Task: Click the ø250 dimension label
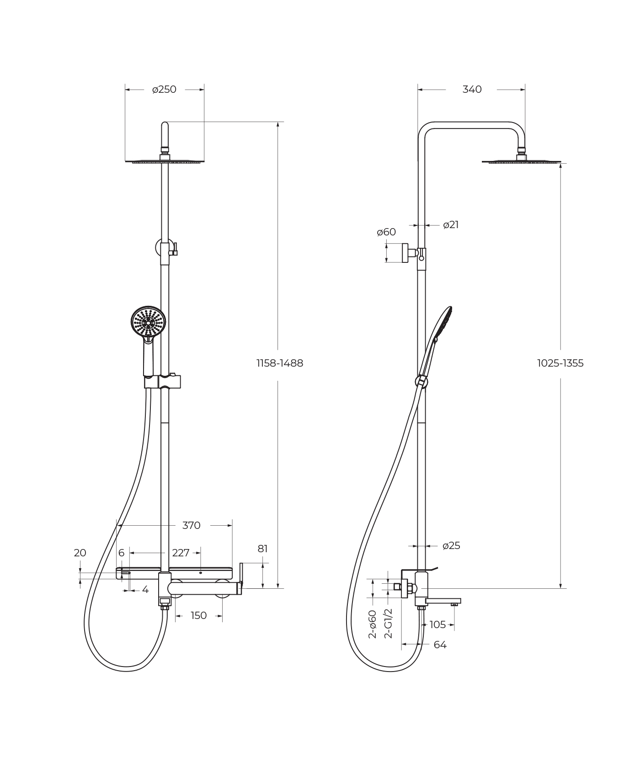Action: pyautogui.click(x=164, y=90)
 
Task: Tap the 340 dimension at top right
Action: pyautogui.click(x=472, y=90)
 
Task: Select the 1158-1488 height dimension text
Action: pyautogui.click(x=280, y=363)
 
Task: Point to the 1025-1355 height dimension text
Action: pyautogui.click(x=560, y=363)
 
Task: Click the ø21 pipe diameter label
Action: pyautogui.click(x=451, y=225)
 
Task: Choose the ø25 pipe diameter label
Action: pyautogui.click(x=451, y=546)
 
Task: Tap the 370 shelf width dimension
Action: pyautogui.click(x=191, y=526)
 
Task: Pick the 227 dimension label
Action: pyautogui.click(x=181, y=553)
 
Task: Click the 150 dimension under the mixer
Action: pyautogui.click(x=198, y=616)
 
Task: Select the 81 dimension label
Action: pyautogui.click(x=262, y=549)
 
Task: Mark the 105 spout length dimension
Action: pyautogui.click(x=437, y=625)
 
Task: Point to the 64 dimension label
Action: pyautogui.click(x=440, y=645)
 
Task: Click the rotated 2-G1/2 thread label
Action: pyautogui.click(x=388, y=623)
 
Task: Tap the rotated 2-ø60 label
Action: pyautogui.click(x=373, y=624)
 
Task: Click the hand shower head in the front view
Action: pyautogui.click(x=148, y=322)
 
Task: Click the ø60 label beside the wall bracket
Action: pyautogui.click(x=386, y=232)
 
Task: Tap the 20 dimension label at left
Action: pyautogui.click(x=80, y=553)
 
